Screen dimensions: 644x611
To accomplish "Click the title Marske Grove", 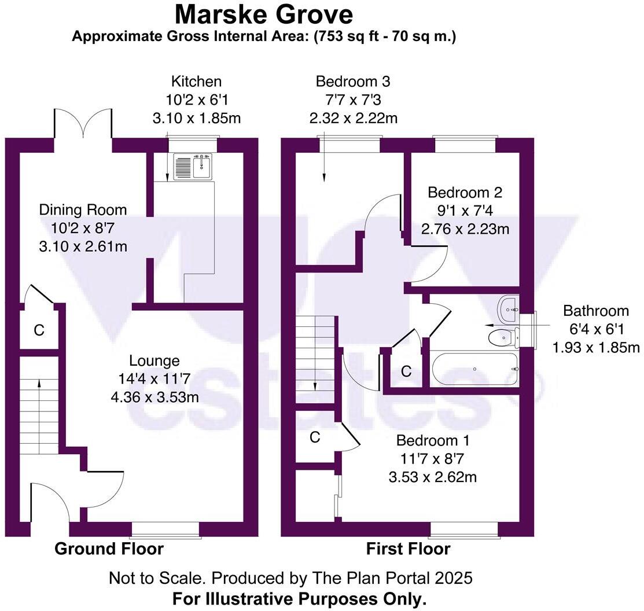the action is (264, 14).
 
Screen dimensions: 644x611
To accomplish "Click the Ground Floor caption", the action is (109, 549).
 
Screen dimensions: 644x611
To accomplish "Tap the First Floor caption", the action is (409, 549).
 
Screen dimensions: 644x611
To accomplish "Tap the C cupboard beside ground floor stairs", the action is (39, 330).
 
